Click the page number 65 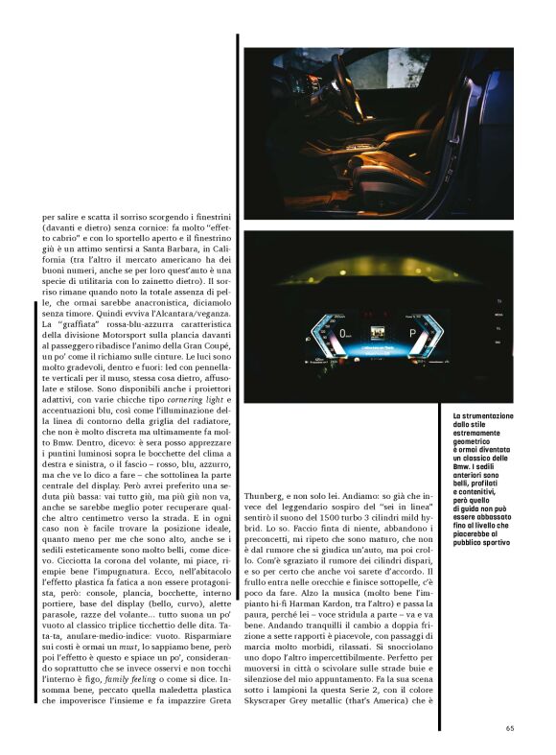[510, 727]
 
